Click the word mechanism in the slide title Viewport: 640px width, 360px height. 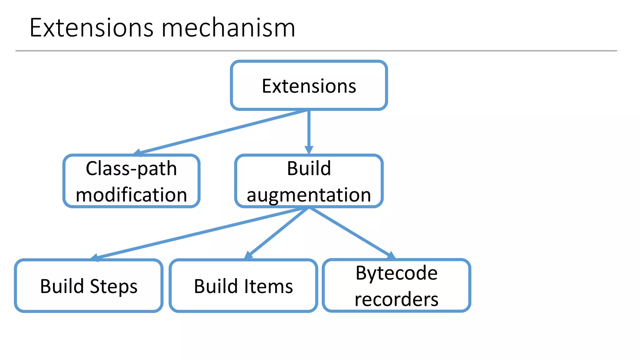(x=228, y=28)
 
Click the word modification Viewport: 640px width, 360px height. (x=131, y=195)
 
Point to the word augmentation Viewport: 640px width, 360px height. (x=309, y=195)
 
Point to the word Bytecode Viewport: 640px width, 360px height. (x=396, y=273)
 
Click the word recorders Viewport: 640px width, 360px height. (x=396, y=299)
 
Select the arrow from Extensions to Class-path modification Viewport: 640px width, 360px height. (x=222, y=132)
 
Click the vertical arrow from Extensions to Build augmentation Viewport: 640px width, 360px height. (x=309, y=131)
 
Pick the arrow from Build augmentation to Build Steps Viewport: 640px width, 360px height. (x=197, y=233)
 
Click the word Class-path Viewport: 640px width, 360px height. (x=131, y=169)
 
